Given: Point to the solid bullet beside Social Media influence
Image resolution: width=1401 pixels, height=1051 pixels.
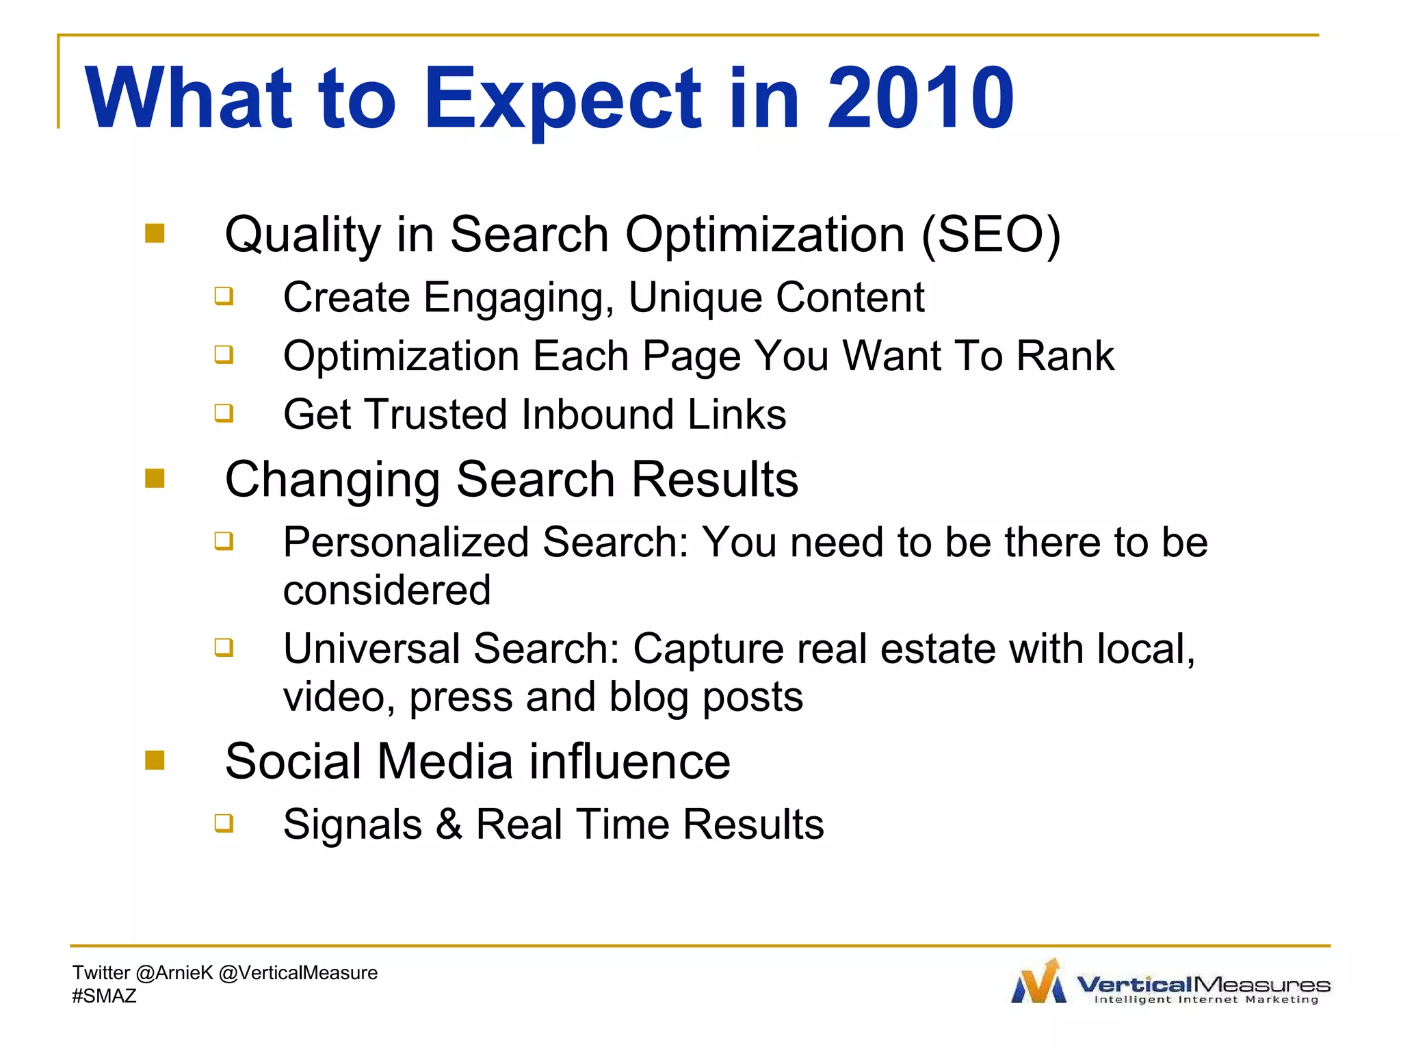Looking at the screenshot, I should click(155, 760).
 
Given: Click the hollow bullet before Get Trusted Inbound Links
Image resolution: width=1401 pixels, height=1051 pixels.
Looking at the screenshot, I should click(224, 413).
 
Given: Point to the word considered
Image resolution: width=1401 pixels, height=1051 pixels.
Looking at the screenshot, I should click(387, 591).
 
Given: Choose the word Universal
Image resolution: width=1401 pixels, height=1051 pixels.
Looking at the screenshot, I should click(371, 649).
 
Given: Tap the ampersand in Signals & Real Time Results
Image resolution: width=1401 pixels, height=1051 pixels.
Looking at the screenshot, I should click(449, 824).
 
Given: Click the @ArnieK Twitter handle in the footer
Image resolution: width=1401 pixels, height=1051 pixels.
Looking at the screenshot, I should click(174, 972).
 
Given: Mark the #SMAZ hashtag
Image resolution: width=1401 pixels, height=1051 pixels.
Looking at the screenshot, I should click(104, 996).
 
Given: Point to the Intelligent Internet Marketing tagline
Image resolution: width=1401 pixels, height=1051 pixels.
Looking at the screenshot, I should click(1206, 1000).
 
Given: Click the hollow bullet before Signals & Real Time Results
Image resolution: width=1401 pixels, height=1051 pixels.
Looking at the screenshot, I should click(224, 822).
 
